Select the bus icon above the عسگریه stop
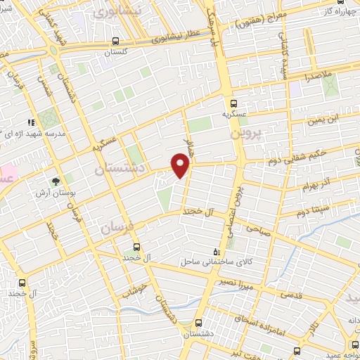235,103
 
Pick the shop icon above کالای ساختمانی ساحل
216,251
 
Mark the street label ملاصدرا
318,75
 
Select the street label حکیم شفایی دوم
292,160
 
